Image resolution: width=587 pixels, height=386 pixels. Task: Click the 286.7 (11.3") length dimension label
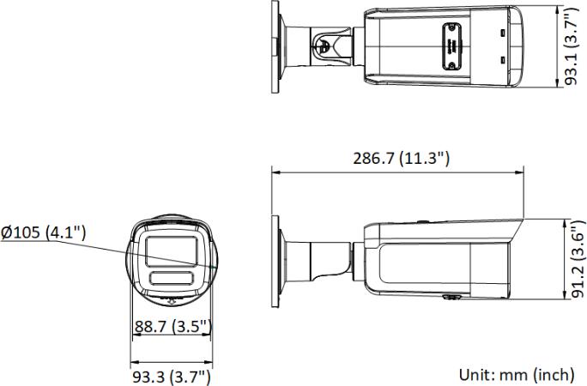point(401,159)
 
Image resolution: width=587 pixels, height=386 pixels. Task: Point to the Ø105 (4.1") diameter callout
point(43,232)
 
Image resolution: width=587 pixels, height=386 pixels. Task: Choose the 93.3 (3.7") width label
point(171,376)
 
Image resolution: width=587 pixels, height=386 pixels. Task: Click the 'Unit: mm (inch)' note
point(517,374)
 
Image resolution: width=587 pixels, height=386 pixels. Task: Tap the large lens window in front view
point(170,251)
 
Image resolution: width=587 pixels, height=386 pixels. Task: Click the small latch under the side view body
point(449,298)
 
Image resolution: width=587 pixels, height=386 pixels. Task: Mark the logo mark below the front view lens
point(170,300)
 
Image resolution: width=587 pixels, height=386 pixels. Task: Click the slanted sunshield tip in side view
point(515,232)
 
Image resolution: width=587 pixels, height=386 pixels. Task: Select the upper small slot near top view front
point(504,33)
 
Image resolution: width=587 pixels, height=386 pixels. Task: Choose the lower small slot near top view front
point(504,60)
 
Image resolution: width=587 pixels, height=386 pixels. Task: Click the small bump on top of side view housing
point(423,221)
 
